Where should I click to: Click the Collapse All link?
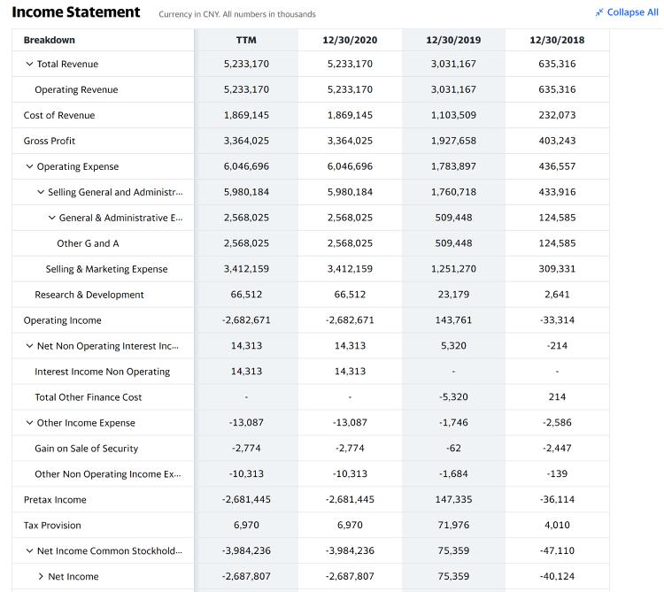627,12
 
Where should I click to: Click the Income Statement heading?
76,12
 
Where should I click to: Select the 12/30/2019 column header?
453,40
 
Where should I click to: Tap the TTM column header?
246,40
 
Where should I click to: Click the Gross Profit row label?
49,141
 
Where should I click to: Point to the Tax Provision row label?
52,525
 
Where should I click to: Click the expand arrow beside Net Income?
41,576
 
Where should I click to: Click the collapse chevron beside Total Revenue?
29,64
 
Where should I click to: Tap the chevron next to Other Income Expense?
29,423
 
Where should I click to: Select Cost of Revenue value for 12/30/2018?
557,115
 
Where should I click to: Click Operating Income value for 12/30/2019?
453,320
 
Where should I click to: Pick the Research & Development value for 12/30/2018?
557,295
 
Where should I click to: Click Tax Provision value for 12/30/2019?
453,525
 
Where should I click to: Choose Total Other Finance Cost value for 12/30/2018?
557,397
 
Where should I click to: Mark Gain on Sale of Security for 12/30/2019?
453,448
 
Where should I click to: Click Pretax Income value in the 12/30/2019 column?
453,499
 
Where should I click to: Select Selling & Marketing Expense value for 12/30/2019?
453,269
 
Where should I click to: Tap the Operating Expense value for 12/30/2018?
557,166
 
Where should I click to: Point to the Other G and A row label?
88,243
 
